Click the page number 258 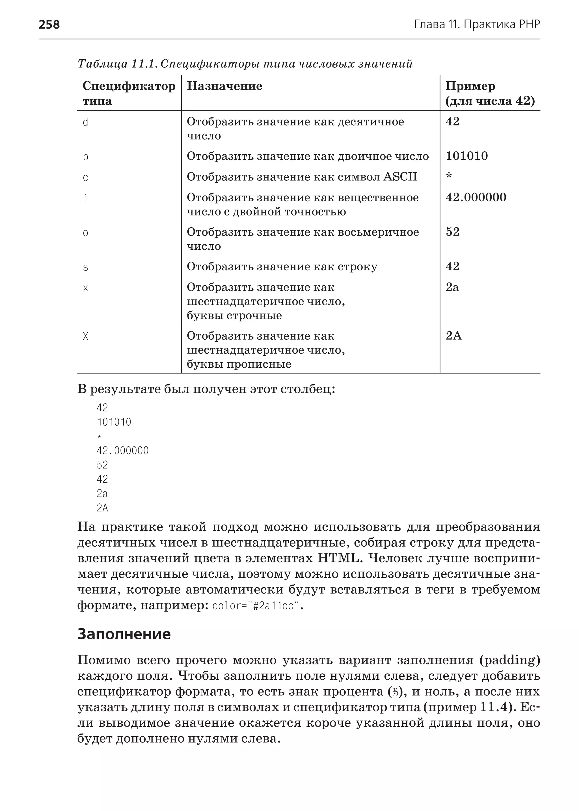click(x=49, y=24)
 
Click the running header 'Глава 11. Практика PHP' click(x=477, y=24)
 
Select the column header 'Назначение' click(x=224, y=86)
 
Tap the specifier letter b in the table click(x=86, y=157)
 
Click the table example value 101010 click(x=467, y=156)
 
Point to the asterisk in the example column click(x=449, y=176)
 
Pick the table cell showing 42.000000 click(x=476, y=197)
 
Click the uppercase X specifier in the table click(x=86, y=336)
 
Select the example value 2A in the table click(x=453, y=336)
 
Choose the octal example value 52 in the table click(x=452, y=232)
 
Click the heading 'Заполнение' click(x=124, y=634)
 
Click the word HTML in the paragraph click(x=339, y=558)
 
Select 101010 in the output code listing click(x=114, y=422)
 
